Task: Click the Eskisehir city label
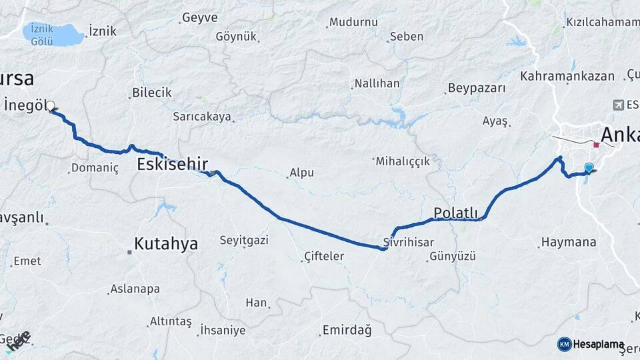[x=173, y=164]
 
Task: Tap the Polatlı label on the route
[x=456, y=213]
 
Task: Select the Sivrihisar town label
[x=409, y=242]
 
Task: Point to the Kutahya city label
[x=166, y=244]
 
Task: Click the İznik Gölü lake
[x=53, y=34]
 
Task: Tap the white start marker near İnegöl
[x=50, y=105]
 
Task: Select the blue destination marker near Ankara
[x=589, y=167]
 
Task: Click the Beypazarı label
[x=477, y=88]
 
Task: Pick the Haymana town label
[x=569, y=242]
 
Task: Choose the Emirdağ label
[x=347, y=330]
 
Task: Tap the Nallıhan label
[x=377, y=83]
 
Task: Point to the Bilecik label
[x=152, y=93]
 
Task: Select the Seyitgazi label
[x=244, y=240]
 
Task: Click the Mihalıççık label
[x=403, y=161]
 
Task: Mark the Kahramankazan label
[x=567, y=76]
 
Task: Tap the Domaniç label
[x=95, y=168]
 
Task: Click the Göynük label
[x=236, y=36]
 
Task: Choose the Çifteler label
[x=324, y=256]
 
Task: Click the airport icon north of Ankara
[x=617, y=105]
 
